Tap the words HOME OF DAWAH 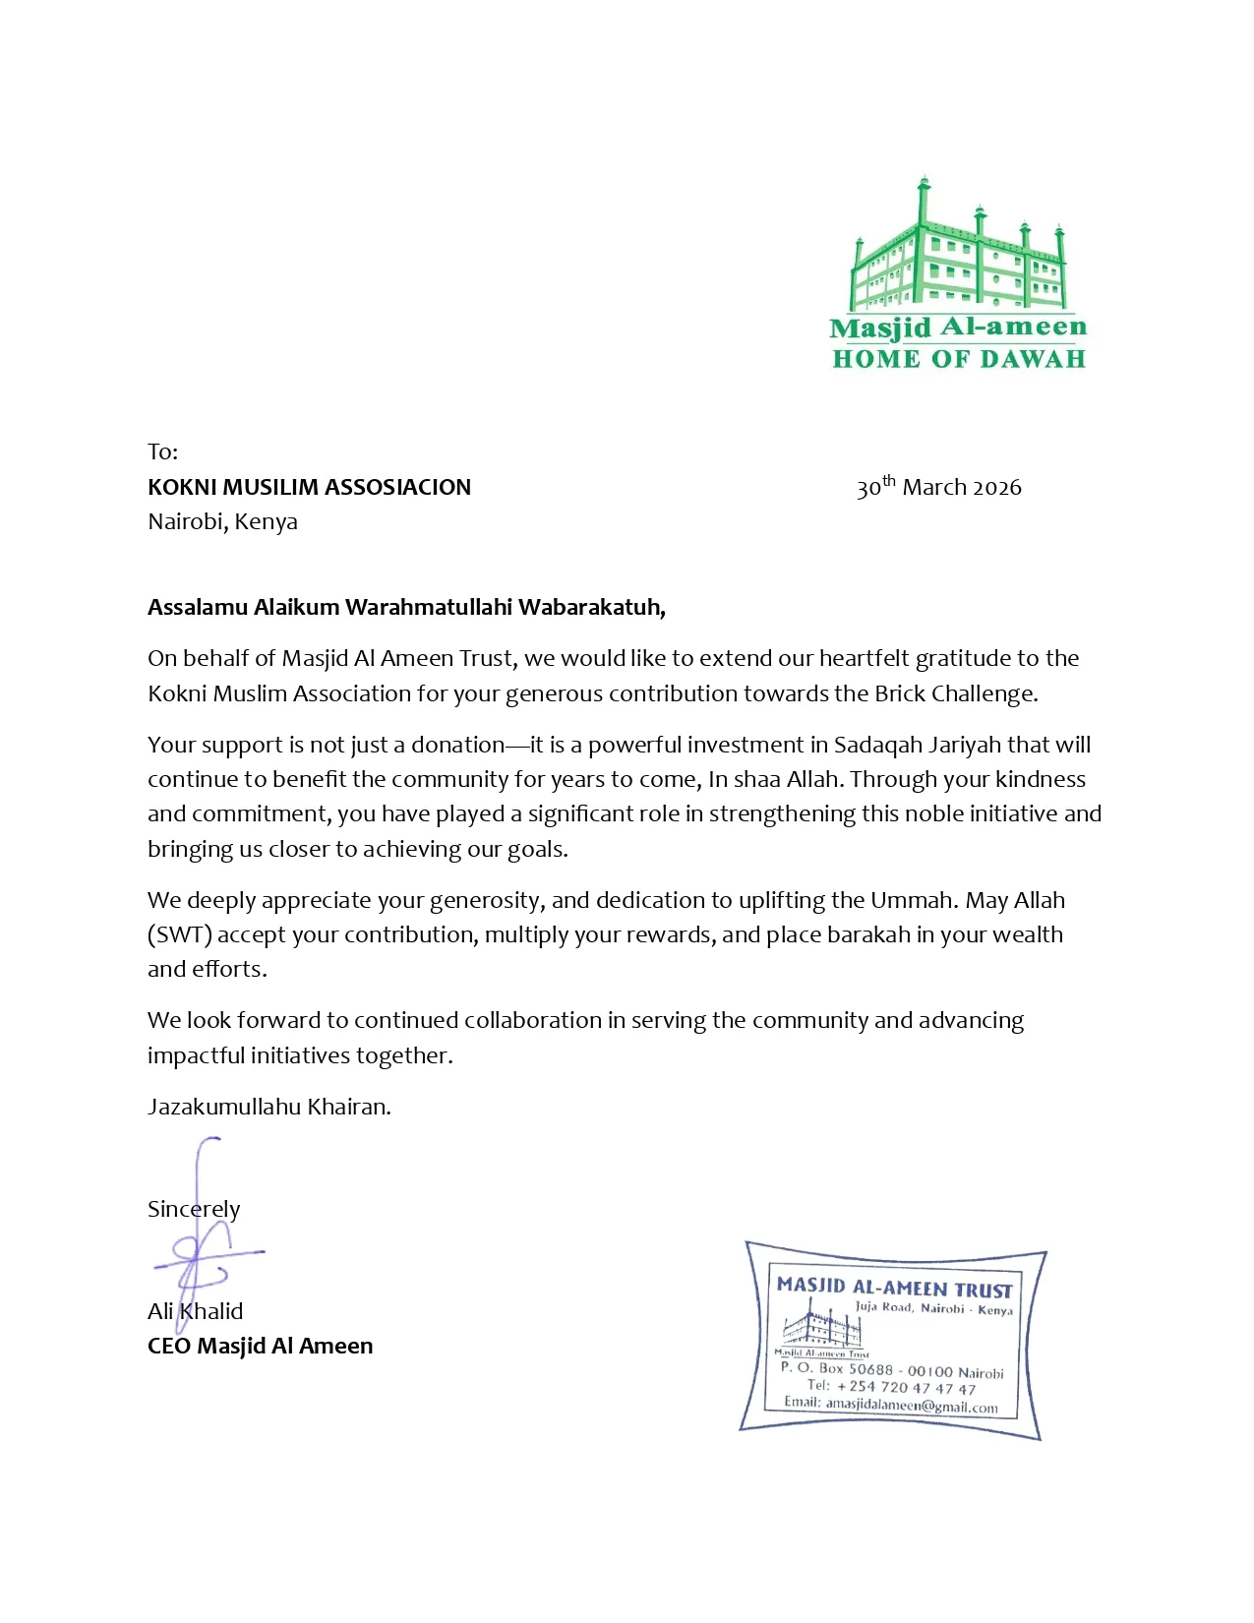click(x=958, y=359)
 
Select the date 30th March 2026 click(x=938, y=487)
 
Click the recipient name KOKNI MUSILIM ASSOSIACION click(x=309, y=487)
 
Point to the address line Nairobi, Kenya click(x=222, y=521)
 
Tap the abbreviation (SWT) click(x=179, y=934)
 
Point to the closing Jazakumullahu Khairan click(x=269, y=1107)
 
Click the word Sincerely click(x=194, y=1209)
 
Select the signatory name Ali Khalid click(x=195, y=1311)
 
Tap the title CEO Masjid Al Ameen click(x=260, y=1346)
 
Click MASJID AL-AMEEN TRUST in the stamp click(x=894, y=1287)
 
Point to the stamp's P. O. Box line click(x=891, y=1369)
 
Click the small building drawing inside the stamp click(x=821, y=1327)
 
